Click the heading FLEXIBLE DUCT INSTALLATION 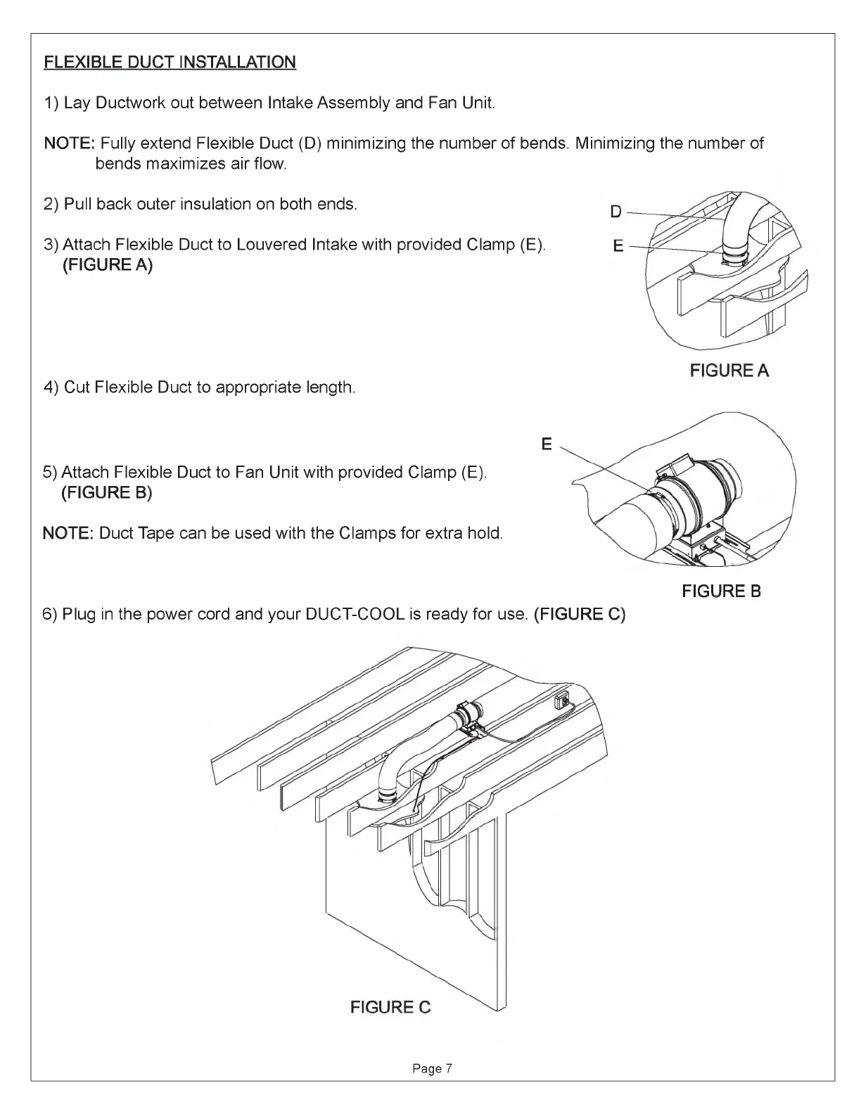(170, 62)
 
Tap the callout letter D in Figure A (616, 211)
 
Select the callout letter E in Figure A (618, 246)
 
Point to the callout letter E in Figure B (547, 444)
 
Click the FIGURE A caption (729, 370)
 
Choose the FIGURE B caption (721, 591)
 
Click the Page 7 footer (433, 1068)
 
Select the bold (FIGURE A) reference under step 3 (108, 265)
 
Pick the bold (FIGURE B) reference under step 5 (107, 493)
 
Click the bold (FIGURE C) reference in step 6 (580, 614)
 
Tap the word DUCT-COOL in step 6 (355, 614)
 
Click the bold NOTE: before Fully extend (70, 143)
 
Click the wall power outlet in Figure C (562, 700)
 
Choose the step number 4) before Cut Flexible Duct (51, 387)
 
